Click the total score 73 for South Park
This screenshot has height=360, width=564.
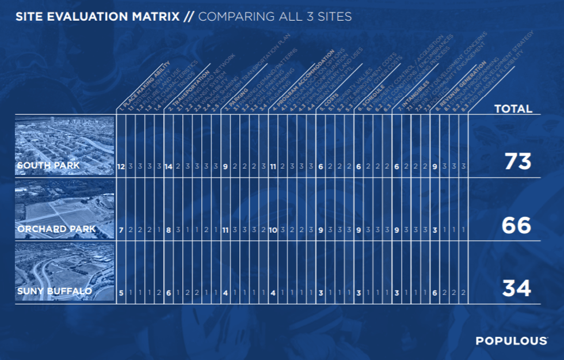(x=517, y=162)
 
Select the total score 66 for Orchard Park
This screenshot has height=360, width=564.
(x=517, y=225)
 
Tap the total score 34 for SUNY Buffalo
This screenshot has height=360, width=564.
(x=516, y=288)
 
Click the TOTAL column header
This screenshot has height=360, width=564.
(x=513, y=109)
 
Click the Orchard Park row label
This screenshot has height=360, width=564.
(x=48, y=230)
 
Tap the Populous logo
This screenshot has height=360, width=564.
(x=511, y=341)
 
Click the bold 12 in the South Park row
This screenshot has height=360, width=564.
(x=121, y=167)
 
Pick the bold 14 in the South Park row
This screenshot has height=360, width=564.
(x=169, y=167)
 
